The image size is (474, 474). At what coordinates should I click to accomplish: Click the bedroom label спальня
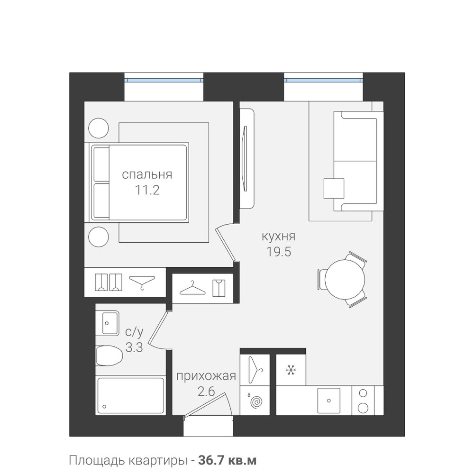click(x=147, y=175)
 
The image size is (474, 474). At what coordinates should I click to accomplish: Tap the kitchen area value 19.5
click(x=278, y=252)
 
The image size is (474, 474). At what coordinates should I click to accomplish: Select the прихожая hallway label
click(x=206, y=377)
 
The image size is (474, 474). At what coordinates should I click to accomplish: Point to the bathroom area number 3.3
click(x=134, y=347)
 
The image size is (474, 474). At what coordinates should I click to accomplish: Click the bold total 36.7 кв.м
click(x=228, y=461)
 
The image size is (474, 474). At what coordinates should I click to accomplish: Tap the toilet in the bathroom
click(x=109, y=356)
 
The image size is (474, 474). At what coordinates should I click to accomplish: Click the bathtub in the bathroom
click(x=131, y=395)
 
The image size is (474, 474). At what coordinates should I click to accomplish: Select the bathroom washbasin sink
click(x=107, y=323)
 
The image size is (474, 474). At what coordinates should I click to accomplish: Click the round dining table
click(x=345, y=279)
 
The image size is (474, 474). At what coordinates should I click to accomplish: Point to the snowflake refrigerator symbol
click(x=291, y=370)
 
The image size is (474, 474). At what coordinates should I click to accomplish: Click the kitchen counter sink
click(x=328, y=401)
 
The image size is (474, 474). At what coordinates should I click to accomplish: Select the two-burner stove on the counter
click(x=363, y=401)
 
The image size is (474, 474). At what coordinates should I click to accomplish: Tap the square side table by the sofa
click(x=334, y=189)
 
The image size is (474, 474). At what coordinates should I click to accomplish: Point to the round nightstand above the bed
click(x=99, y=128)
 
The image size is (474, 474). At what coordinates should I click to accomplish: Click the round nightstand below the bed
click(x=99, y=237)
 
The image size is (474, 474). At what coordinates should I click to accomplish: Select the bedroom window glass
click(x=164, y=81)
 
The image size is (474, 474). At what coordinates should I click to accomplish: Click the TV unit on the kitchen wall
click(x=247, y=158)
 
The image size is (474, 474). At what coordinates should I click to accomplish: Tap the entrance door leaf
click(x=206, y=404)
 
